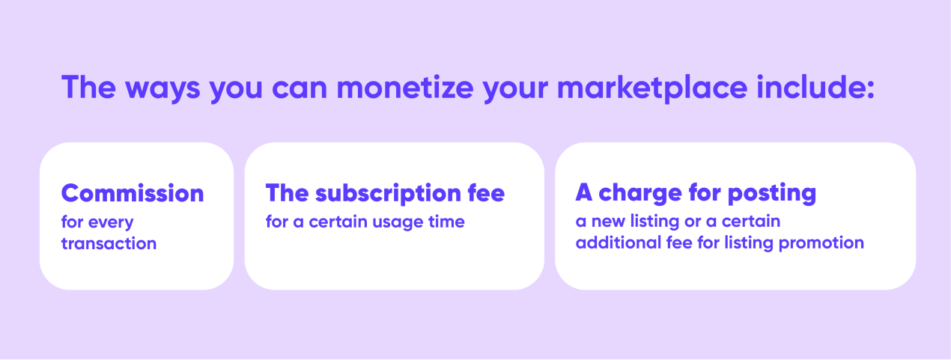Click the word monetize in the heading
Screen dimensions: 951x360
pyautogui.click(x=404, y=88)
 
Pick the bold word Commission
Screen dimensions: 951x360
pyautogui.click(x=133, y=194)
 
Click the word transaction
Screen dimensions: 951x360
pyautogui.click(x=109, y=243)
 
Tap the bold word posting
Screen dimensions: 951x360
pyautogui.click(x=772, y=194)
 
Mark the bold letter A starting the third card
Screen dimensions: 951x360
pyautogui.click(x=584, y=193)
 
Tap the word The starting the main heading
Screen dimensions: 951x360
pyautogui.click(x=88, y=87)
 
